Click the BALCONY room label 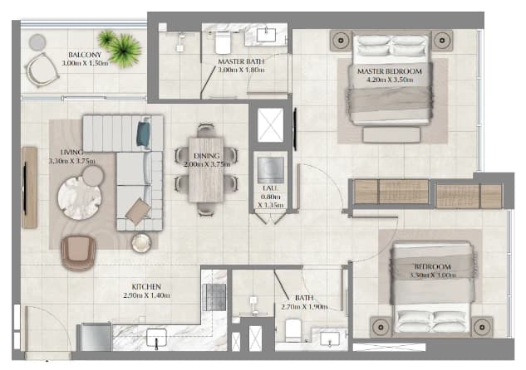[x=85, y=55]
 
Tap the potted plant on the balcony [x=120, y=48]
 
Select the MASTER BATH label [x=241, y=61]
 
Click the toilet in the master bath [x=222, y=42]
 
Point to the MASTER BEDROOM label [x=390, y=71]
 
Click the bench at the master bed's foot [x=391, y=135]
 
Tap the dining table [x=206, y=170]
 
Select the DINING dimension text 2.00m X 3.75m [x=207, y=164]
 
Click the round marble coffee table [x=79, y=198]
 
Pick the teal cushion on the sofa [x=143, y=134]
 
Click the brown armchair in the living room [x=78, y=253]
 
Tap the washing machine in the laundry [x=270, y=170]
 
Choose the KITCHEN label [x=146, y=287]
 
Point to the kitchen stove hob [x=214, y=297]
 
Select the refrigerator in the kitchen [x=96, y=337]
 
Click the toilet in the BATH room [x=293, y=330]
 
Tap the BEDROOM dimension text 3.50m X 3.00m [x=433, y=275]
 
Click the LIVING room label [x=71, y=153]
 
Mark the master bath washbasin [x=267, y=35]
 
